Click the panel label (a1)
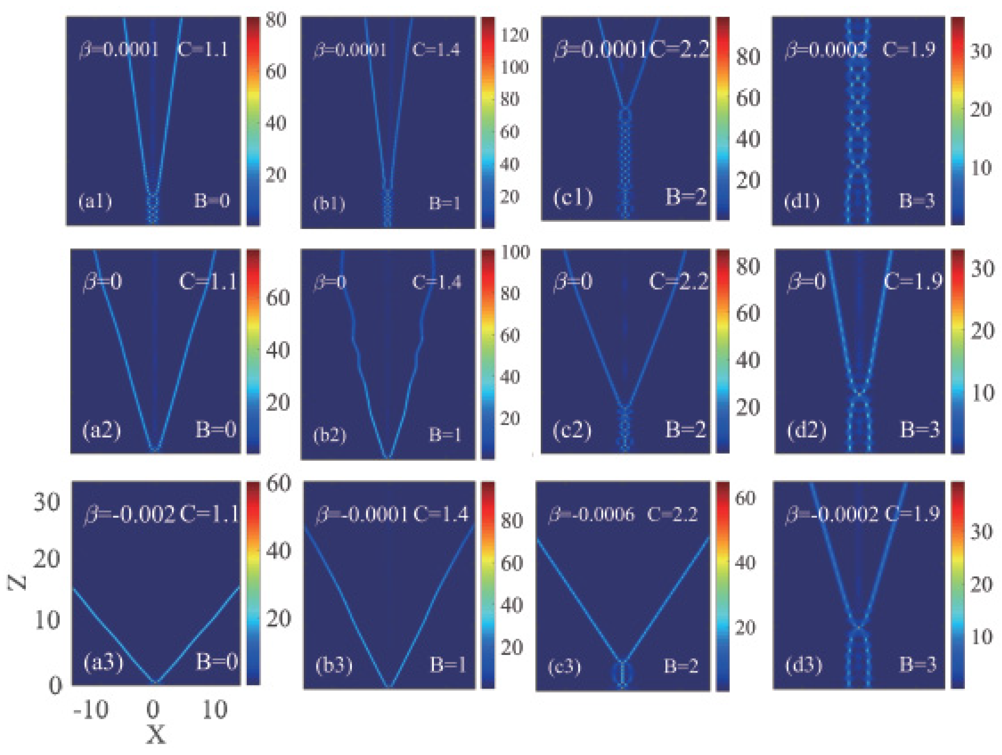(95, 201)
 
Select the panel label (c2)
(572, 430)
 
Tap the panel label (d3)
(803, 665)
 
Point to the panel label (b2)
(329, 435)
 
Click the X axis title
(155, 735)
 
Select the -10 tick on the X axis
(90, 710)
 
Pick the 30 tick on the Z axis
(46, 502)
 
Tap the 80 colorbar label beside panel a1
(275, 20)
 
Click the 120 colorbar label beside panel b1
(514, 35)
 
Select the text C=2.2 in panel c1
(679, 49)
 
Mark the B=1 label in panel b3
(447, 665)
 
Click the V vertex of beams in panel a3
(155, 681)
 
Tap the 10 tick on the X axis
(214, 710)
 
